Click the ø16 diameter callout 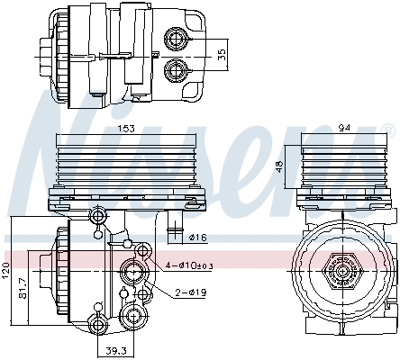(200, 237)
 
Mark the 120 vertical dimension (5, 270)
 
